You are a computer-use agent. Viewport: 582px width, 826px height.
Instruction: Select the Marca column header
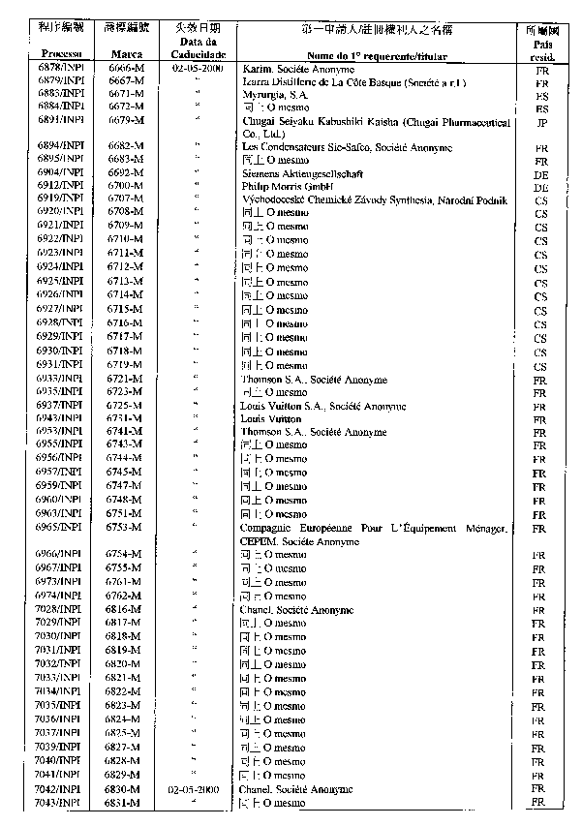[126, 56]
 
